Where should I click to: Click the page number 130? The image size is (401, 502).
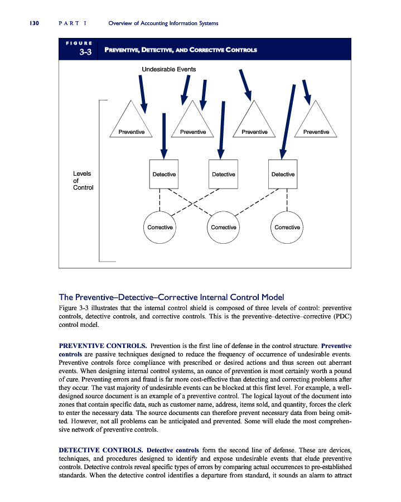28,23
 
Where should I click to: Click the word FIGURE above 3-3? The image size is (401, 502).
78,43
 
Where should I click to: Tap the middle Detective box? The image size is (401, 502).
223,175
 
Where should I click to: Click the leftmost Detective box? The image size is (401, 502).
164,175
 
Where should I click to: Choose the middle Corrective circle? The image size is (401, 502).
223,227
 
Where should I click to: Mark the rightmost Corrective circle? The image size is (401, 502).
287,227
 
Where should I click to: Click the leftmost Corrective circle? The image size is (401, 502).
160,227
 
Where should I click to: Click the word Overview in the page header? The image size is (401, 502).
123,23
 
